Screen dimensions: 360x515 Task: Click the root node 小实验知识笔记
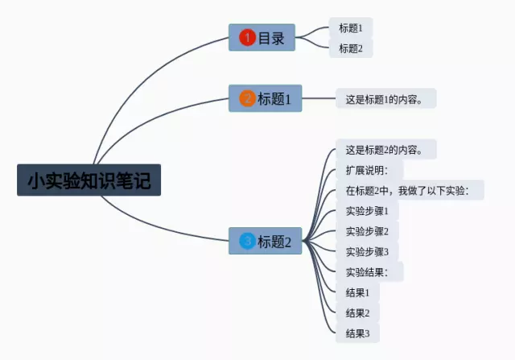89,180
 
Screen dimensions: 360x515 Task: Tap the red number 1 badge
247,37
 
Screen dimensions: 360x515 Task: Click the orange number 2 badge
247,99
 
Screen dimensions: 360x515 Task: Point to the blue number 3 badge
247,240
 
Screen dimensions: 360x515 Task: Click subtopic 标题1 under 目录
351,28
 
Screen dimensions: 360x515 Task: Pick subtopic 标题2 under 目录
351,48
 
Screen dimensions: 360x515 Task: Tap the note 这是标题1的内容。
385,99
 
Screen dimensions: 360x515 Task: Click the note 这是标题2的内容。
385,149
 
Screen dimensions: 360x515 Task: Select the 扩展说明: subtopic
368,170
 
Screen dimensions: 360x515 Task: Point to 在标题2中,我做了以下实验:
410,190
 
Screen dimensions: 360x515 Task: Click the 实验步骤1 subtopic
367,211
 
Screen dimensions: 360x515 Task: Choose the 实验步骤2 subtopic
367,231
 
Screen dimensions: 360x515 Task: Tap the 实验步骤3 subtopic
367,251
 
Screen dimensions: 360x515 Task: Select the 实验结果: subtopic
368,271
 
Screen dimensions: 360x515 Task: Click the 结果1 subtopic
357,292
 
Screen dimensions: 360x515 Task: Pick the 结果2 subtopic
357,312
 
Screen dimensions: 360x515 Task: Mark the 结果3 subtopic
357,333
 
